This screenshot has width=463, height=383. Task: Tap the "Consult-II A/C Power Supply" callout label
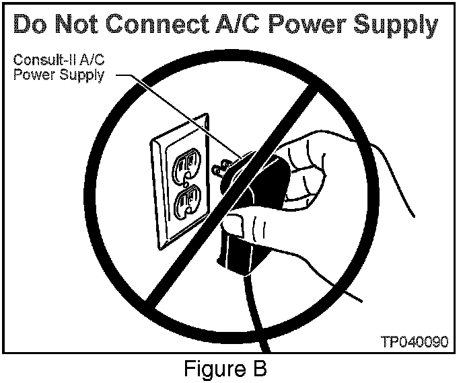[x=59, y=67]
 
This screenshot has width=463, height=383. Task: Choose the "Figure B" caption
[x=226, y=369]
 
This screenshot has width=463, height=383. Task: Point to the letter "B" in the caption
[x=259, y=369]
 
